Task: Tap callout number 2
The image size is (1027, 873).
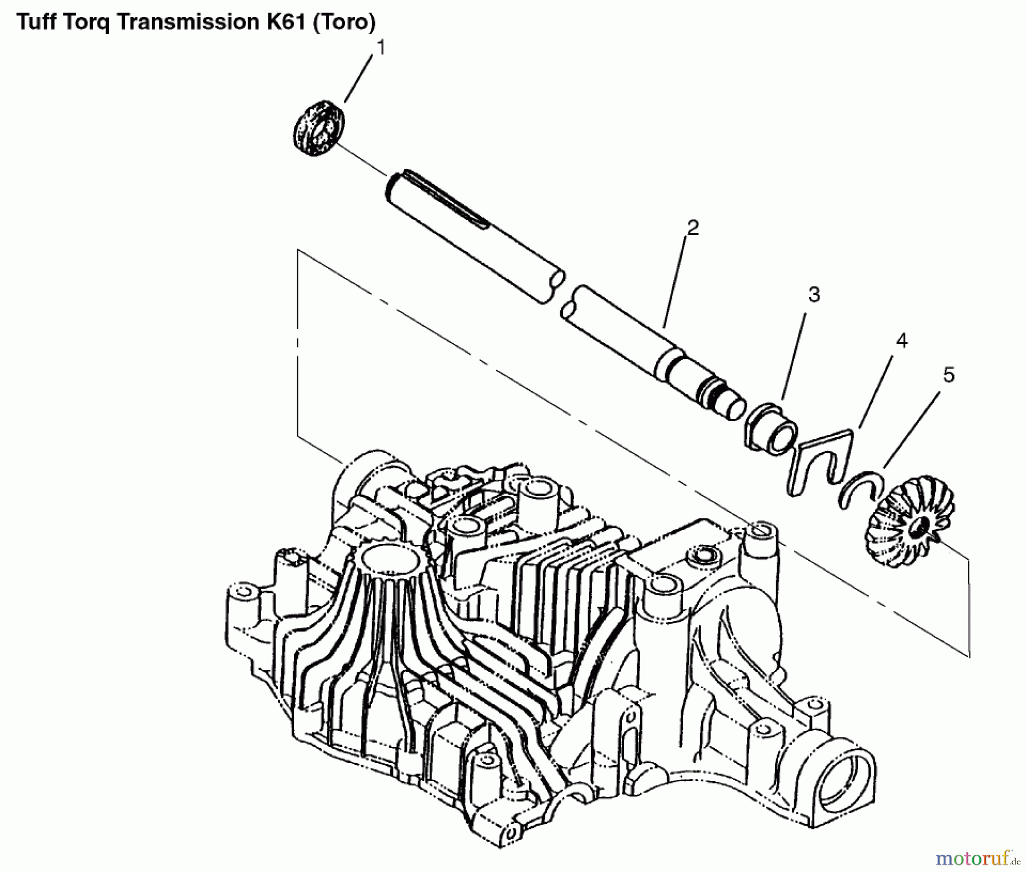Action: [x=692, y=228]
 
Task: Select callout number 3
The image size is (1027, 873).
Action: [x=814, y=295]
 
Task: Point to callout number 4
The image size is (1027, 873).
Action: [x=901, y=341]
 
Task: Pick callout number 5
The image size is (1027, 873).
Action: [x=948, y=375]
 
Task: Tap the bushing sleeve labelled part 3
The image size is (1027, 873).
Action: [x=771, y=428]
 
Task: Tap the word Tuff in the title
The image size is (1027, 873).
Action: [x=37, y=22]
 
